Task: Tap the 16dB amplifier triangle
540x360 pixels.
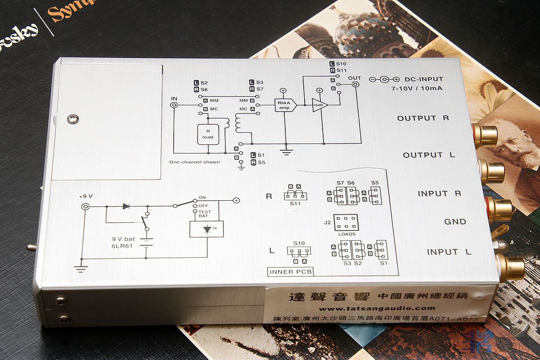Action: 319,105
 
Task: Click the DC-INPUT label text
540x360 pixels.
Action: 423,79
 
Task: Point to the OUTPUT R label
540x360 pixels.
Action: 423,118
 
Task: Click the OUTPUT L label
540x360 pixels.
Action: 429,155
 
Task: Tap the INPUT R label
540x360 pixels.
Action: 439,193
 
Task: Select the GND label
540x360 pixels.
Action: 455,221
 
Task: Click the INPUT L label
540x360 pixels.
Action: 449,252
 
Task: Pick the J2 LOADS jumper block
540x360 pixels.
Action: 346,223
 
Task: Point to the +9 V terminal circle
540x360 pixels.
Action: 85,207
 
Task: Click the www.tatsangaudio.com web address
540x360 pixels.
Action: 377,308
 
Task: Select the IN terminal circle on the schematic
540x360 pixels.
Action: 174,105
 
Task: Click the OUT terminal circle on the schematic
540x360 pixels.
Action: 355,84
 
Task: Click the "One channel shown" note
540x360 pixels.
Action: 194,162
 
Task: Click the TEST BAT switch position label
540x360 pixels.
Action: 205,214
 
